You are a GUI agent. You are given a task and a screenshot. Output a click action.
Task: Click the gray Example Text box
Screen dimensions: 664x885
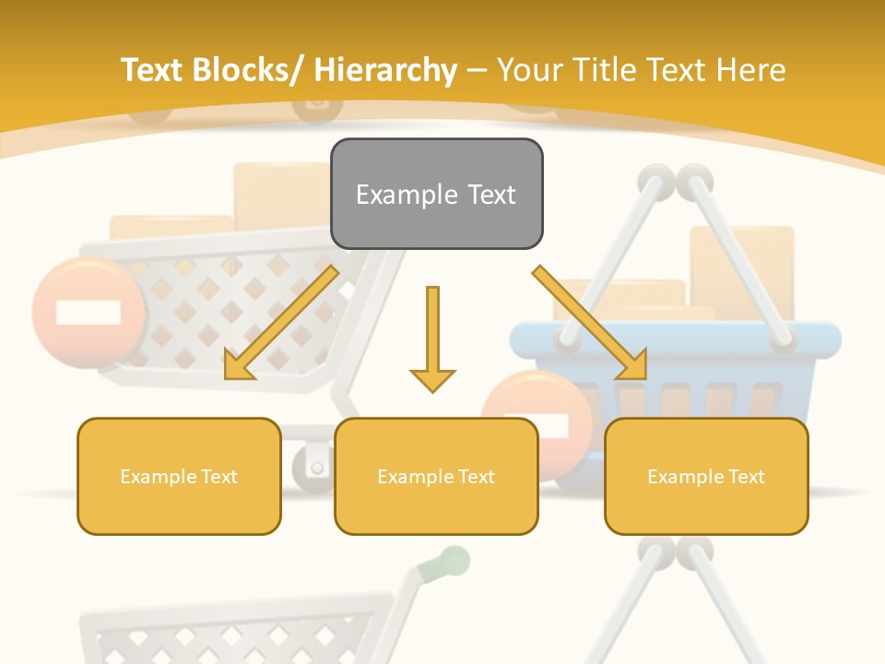[436, 194]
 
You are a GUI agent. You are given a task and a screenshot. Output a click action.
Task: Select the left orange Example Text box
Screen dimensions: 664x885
[178, 476]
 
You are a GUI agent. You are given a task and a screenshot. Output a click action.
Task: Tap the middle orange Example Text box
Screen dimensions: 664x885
[436, 476]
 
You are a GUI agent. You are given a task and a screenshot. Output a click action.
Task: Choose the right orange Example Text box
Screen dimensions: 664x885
[706, 476]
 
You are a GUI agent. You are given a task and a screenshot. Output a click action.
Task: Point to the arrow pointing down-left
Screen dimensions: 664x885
[281, 323]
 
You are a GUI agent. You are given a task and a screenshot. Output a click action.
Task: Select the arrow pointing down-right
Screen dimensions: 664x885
[590, 323]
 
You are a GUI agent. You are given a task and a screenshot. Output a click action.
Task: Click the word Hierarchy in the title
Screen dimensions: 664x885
[385, 70]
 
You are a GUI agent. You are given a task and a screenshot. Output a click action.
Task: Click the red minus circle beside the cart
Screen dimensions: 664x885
[88, 312]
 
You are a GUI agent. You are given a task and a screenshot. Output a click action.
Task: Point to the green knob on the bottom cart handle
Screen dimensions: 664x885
[454, 559]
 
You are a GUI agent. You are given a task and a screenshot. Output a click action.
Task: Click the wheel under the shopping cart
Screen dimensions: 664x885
[313, 467]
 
